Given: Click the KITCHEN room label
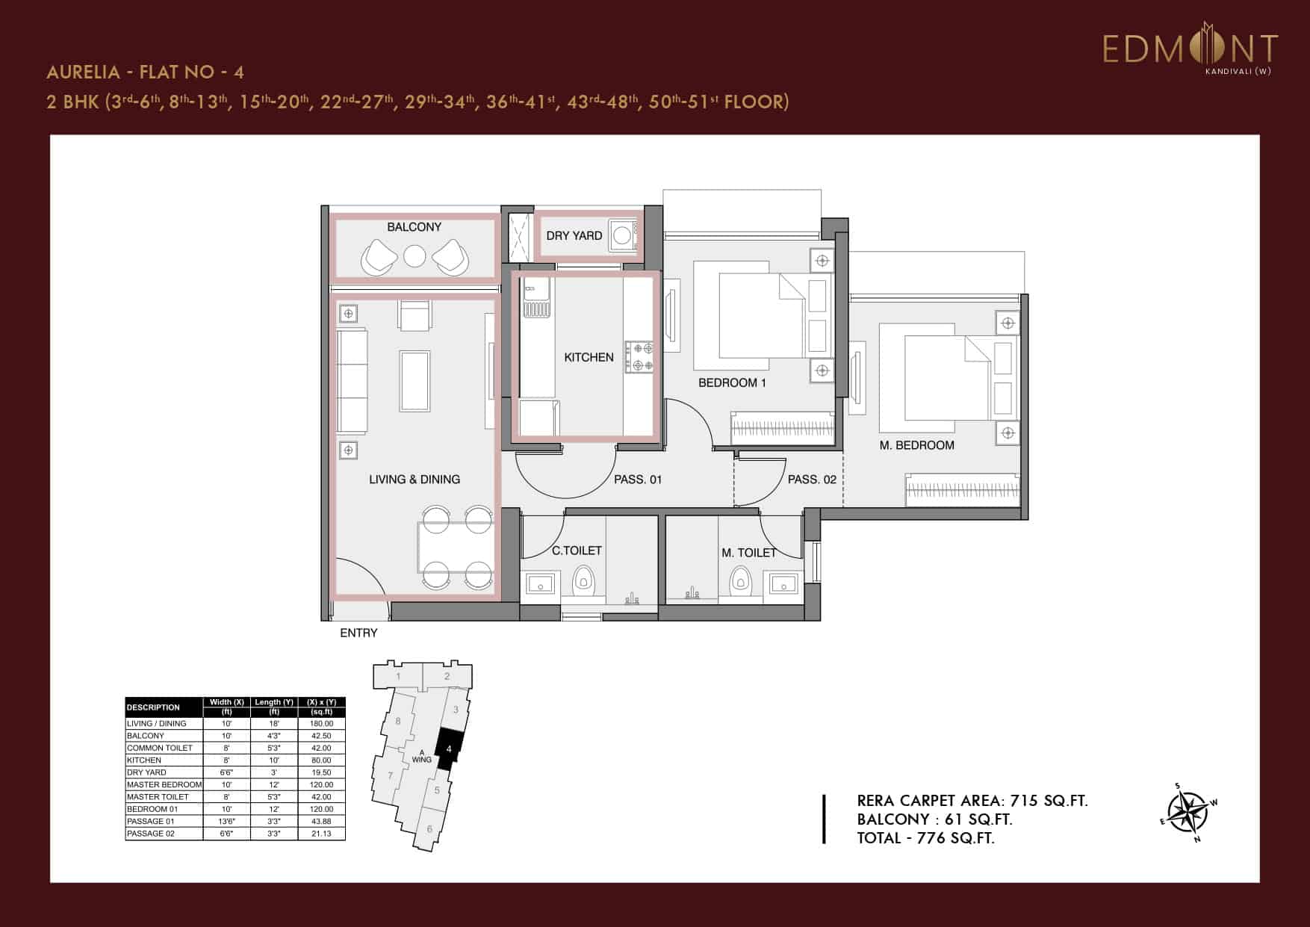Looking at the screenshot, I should (589, 357).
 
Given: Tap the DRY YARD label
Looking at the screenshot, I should (574, 235).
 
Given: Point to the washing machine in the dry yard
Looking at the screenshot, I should (622, 236).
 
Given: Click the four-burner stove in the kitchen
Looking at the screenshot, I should (639, 356).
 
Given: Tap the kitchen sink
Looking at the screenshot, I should (536, 297).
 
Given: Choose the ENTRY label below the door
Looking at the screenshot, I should (358, 633).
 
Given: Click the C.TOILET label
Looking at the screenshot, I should (577, 551).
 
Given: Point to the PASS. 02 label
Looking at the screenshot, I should (812, 480).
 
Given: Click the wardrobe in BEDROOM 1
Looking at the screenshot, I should (782, 429).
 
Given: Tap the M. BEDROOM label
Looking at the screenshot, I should (916, 445).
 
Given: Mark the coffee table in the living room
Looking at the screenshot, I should (415, 380).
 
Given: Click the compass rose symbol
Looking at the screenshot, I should (1188, 812).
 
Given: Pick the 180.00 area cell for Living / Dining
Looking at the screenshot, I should (321, 723).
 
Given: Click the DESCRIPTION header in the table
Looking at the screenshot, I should (153, 707).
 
